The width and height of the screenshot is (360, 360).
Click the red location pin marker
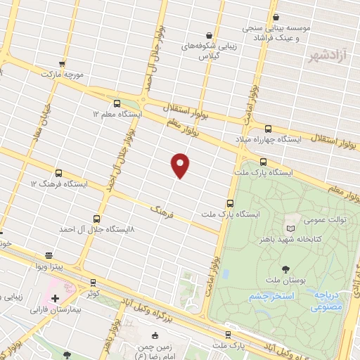[x=181, y=165]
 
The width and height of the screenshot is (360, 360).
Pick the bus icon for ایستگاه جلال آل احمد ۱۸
[x=96, y=219]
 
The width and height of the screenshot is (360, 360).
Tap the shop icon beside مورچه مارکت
[x=63, y=63]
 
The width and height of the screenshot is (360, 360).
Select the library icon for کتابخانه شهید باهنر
[x=291, y=229]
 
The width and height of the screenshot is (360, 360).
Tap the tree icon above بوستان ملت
[x=285, y=269]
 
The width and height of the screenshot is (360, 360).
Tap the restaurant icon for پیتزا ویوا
[x=48, y=256]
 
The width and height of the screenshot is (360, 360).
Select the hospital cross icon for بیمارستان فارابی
[x=55, y=298]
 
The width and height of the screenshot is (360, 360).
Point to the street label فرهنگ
[x=162, y=209]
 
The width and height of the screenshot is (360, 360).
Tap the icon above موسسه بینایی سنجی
[x=276, y=17]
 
